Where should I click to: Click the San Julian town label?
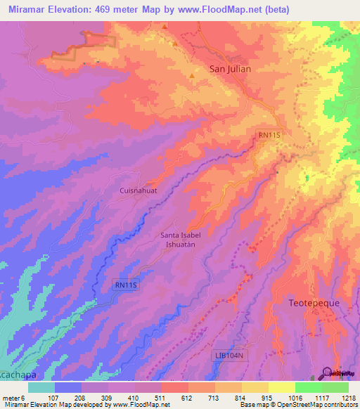(x=231, y=69)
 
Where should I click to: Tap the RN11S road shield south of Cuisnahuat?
(x=127, y=285)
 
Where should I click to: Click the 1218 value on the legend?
(x=349, y=398)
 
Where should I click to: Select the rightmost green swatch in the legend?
(x=335, y=387)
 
